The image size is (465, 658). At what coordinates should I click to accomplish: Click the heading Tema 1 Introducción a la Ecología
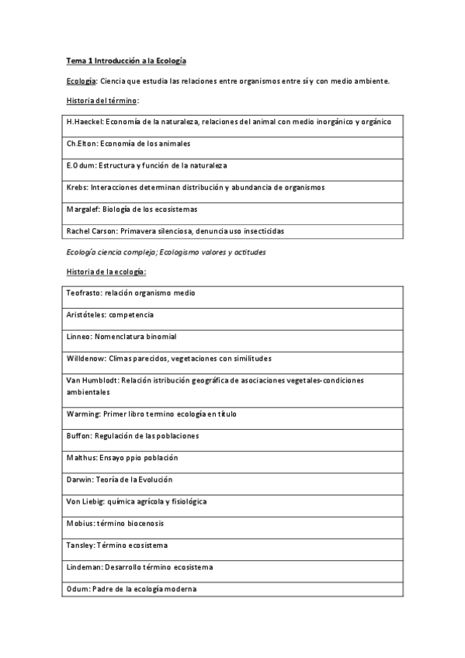[125, 60]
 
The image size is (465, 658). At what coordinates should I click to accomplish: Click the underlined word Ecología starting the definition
[79, 81]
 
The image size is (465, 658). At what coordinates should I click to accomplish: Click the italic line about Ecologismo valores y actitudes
[211, 252]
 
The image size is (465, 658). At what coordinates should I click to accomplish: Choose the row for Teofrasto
[131, 293]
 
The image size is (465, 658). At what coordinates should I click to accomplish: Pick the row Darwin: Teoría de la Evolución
[120, 480]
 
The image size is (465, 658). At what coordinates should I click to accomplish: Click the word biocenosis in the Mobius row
[141, 524]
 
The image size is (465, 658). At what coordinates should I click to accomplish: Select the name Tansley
[82, 545]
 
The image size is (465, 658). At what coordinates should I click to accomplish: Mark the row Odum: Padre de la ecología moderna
[132, 589]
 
